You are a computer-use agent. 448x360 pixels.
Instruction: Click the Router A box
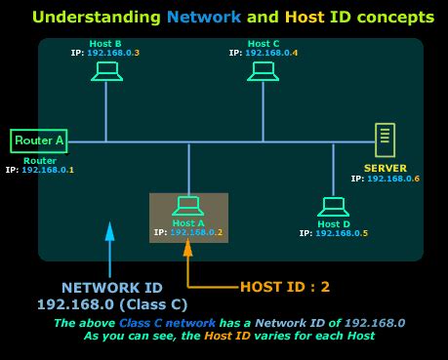click(x=39, y=141)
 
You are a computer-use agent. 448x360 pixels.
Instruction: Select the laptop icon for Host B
click(x=106, y=71)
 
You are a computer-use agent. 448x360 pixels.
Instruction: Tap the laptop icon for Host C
click(x=263, y=71)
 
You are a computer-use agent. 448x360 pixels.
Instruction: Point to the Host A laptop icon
click(x=187, y=206)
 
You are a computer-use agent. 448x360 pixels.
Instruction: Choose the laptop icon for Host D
click(x=333, y=206)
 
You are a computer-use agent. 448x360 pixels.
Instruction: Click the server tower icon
click(x=386, y=140)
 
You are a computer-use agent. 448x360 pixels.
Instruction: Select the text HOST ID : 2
click(x=285, y=287)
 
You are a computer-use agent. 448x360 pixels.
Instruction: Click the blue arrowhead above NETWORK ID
click(x=109, y=231)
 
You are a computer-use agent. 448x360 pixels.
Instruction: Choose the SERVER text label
click(x=385, y=168)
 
